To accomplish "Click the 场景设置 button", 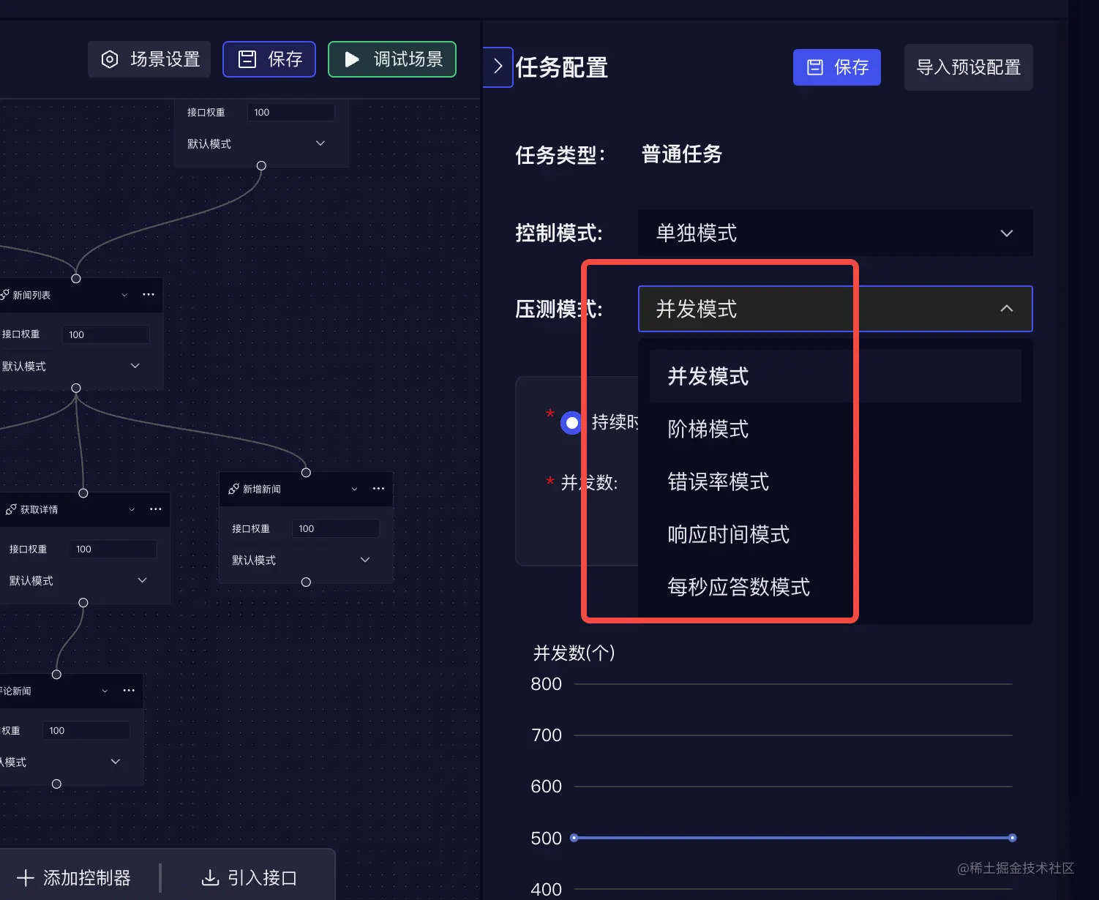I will [x=149, y=59].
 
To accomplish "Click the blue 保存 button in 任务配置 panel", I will [x=836, y=67].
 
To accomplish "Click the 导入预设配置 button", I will [x=968, y=67].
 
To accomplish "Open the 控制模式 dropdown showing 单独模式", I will [x=835, y=233].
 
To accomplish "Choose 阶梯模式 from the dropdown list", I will [x=708, y=429].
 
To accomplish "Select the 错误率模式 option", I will [x=718, y=481].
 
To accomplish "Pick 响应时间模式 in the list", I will [x=728, y=534].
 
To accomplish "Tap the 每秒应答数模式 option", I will [x=738, y=587].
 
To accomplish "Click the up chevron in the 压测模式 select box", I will [x=1006, y=309].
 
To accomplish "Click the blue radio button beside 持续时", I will [x=571, y=423].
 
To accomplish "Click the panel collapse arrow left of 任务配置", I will [x=498, y=67].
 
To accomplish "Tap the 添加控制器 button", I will [x=74, y=877].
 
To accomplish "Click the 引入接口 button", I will [x=250, y=877].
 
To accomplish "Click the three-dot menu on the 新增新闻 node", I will [x=378, y=489].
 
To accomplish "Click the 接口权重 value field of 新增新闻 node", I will [x=336, y=528].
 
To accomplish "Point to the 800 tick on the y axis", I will [x=546, y=684].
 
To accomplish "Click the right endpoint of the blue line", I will [x=1012, y=838].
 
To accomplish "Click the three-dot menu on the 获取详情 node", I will [x=156, y=509].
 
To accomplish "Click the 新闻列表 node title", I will [x=31, y=295].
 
